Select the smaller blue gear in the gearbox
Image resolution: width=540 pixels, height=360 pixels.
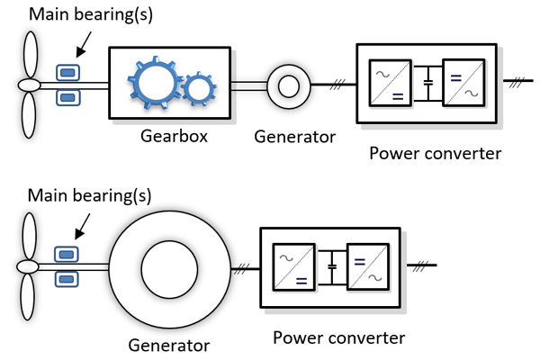pyautogui.click(x=198, y=89)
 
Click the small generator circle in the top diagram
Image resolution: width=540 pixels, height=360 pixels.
pyautogui.click(x=289, y=85)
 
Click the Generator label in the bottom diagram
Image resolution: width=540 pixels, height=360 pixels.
pyautogui.click(x=169, y=344)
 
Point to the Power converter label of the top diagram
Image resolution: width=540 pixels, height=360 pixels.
pyautogui.click(x=435, y=153)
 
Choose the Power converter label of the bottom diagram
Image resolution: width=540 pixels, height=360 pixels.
pyautogui.click(x=338, y=337)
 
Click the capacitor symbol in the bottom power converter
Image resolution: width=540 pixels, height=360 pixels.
pyautogui.click(x=331, y=267)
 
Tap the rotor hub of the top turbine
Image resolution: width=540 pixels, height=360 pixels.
pyautogui.click(x=30, y=85)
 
